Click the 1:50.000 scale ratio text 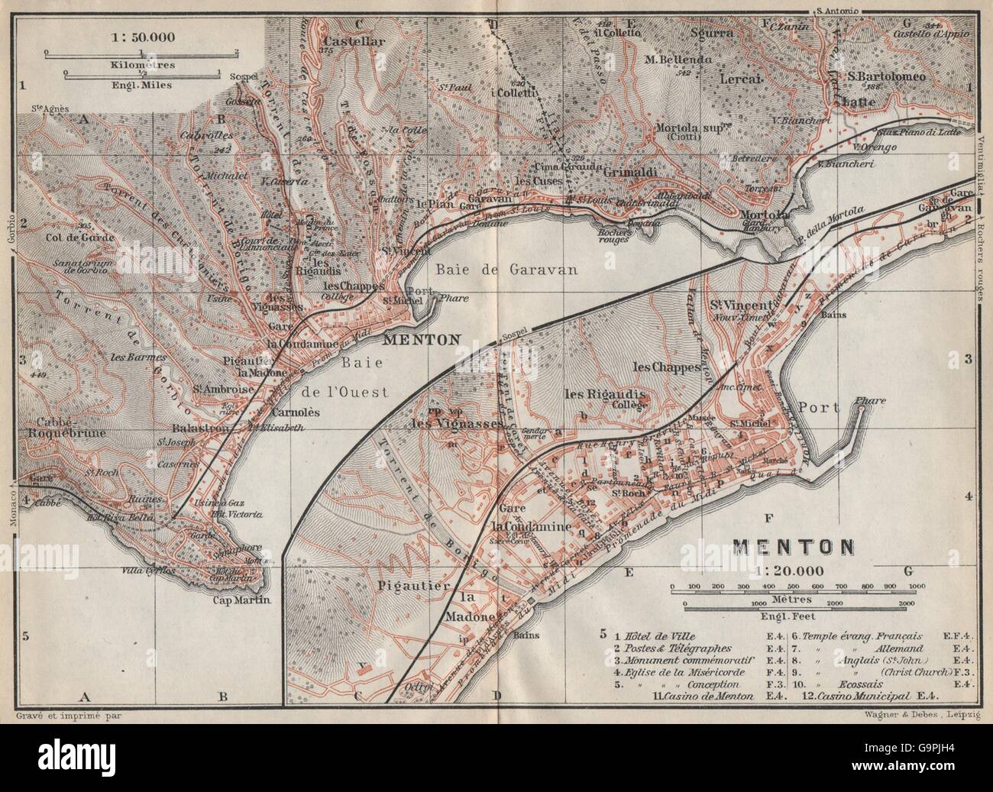point(141,36)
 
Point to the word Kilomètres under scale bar point(142,66)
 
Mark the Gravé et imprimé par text point(68,716)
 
